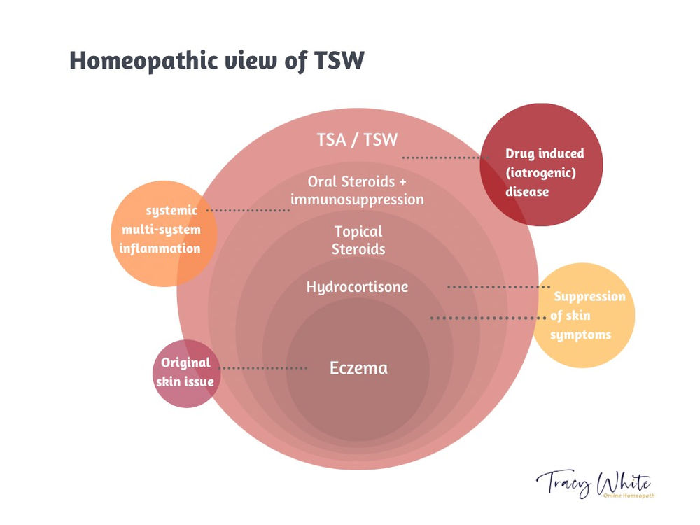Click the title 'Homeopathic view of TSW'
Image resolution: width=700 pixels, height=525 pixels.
(217, 61)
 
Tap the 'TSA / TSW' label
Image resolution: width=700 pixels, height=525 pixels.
(357, 139)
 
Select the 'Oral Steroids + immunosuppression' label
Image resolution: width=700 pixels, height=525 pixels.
(357, 190)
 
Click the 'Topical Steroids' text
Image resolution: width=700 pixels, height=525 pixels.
(358, 239)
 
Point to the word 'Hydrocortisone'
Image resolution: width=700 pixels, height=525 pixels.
(357, 287)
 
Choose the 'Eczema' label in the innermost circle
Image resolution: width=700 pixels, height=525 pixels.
(358, 368)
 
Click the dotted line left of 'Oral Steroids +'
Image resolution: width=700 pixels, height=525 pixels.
(248, 210)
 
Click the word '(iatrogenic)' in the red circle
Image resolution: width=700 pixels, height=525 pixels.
(540, 172)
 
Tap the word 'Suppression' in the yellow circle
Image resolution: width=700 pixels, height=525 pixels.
(590, 296)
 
